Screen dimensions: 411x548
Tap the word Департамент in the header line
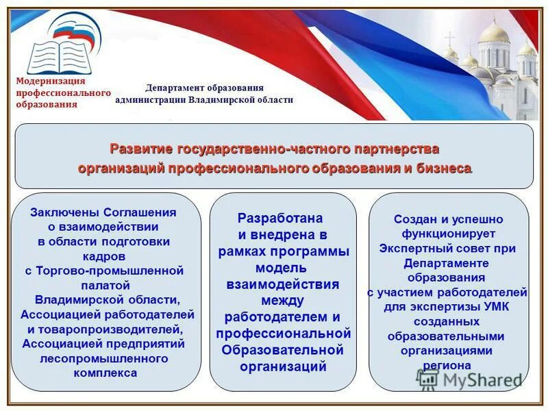171,88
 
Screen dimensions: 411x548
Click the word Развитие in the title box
142,149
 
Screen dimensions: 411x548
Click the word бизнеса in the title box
445,168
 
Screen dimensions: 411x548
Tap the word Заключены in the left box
66,212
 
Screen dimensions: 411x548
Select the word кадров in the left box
105,256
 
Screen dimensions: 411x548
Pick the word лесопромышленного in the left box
104,358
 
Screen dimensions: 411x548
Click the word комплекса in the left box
105,373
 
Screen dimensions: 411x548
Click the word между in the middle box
282,300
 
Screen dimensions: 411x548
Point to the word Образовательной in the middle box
282,349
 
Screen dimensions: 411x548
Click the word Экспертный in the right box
409,249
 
